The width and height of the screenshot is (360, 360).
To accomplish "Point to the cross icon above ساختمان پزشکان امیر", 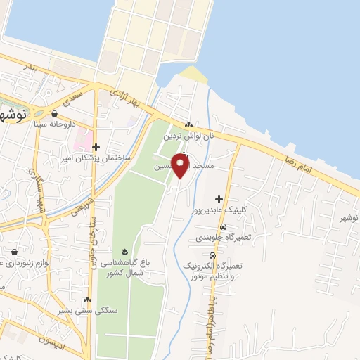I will click(x=96, y=146).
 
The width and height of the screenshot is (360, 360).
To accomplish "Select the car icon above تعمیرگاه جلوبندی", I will click(x=222, y=226).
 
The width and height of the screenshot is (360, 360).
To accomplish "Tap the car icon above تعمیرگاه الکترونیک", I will click(x=212, y=256).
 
